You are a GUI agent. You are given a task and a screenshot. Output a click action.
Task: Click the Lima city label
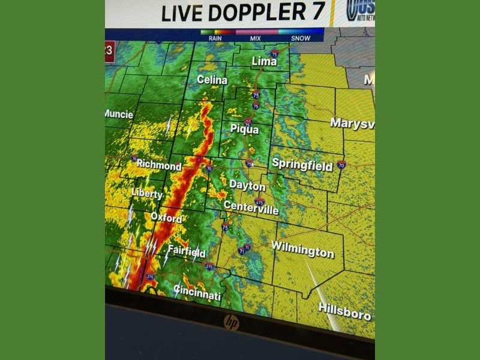[x=264, y=62]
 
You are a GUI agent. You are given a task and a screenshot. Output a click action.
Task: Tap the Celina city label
[x=212, y=80]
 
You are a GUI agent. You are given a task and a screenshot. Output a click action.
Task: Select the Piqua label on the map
[x=245, y=129]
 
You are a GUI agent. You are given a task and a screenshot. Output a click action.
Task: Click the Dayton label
[x=247, y=186]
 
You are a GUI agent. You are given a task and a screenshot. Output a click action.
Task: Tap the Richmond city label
[x=159, y=164]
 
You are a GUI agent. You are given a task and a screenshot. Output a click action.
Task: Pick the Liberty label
[x=147, y=193]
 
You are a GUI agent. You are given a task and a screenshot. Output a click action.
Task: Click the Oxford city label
[x=166, y=218]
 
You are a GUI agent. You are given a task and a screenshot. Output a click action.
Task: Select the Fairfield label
[x=187, y=251]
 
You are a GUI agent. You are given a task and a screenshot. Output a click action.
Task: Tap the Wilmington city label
[x=302, y=249]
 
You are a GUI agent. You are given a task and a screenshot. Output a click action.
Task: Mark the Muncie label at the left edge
[x=118, y=114]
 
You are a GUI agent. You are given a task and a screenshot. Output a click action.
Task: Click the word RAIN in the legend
[x=215, y=38]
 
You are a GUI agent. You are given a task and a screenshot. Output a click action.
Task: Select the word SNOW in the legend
[x=301, y=38]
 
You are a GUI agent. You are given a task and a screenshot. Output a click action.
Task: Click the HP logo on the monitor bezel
[x=232, y=322]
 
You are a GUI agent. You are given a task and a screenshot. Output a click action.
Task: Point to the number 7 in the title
[x=315, y=11]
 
